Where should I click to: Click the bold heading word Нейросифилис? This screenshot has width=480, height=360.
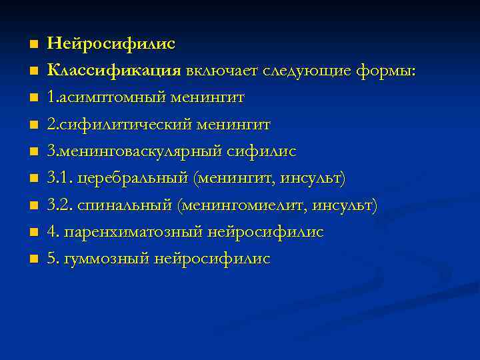coord(111,44)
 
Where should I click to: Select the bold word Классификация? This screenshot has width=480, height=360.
coord(114,71)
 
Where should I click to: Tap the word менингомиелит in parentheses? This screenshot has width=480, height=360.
coord(234,205)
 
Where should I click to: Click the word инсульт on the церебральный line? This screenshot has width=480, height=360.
coord(313,179)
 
